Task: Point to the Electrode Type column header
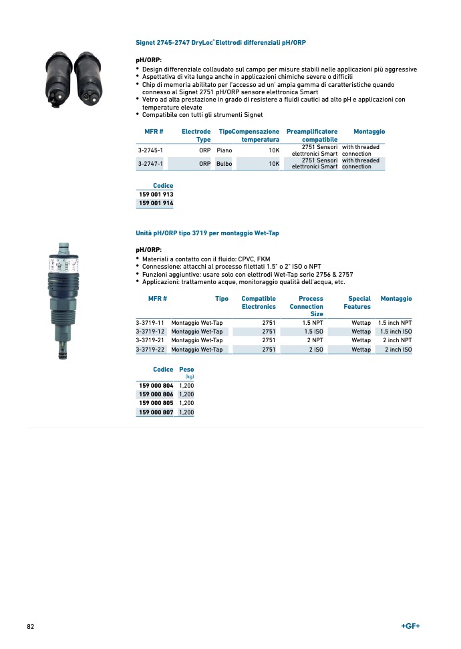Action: (x=196, y=136)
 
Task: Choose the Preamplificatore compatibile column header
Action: (x=311, y=136)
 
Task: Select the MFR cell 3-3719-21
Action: (x=150, y=340)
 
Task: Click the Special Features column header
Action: (x=358, y=303)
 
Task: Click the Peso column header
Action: (x=186, y=370)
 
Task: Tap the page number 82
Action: (x=31, y=626)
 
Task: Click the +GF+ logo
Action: (x=410, y=626)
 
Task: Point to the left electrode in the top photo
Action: (x=57, y=78)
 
